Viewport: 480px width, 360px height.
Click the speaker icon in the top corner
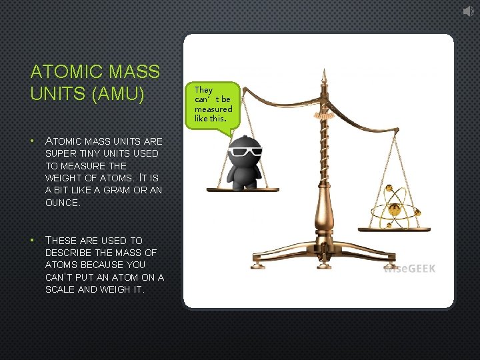[x=469, y=10]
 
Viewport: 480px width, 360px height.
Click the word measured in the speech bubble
[x=213, y=109]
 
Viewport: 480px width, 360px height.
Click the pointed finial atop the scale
[x=323, y=75]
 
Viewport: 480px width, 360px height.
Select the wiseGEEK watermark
[x=409, y=269]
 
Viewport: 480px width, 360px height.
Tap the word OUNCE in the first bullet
[x=62, y=203]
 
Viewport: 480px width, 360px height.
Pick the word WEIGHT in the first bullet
[x=62, y=178]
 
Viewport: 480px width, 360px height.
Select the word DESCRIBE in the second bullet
[x=67, y=253]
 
